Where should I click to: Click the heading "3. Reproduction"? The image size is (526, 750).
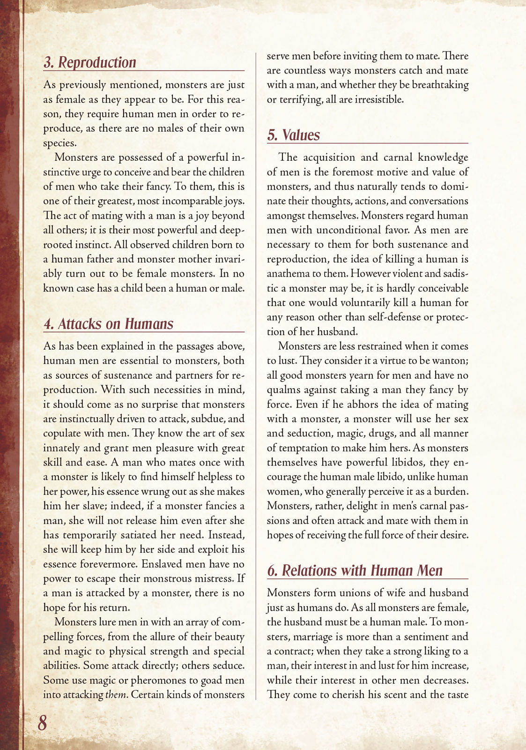pos(90,62)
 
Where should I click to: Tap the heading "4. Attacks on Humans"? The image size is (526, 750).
pos(108,324)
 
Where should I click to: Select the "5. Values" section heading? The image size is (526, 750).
pos(293,135)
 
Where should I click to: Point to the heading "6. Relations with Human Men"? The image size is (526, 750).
pos(355,570)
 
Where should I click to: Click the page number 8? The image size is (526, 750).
pos(42,723)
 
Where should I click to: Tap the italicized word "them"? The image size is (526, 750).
pos(116,695)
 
